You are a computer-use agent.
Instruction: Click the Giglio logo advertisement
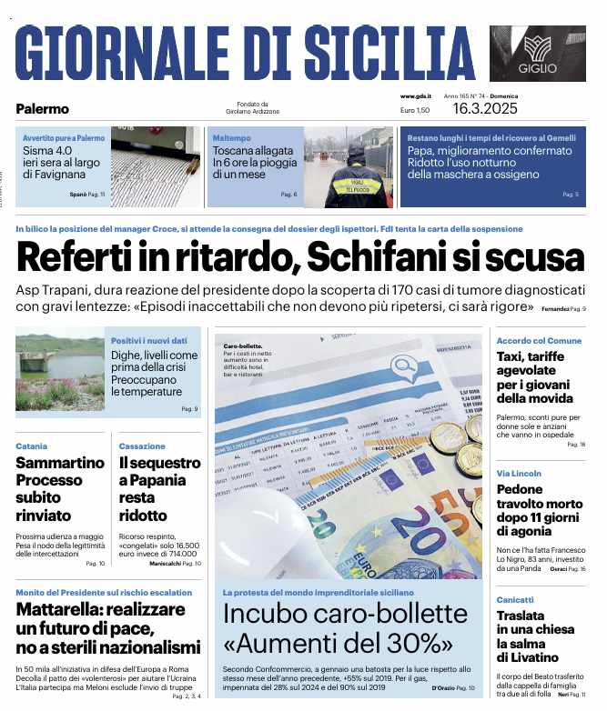point(538,54)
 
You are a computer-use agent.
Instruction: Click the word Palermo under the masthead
point(42,109)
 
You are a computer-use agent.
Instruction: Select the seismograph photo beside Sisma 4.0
point(156,166)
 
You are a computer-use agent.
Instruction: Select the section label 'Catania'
point(31,446)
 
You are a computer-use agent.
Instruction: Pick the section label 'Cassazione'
point(142,446)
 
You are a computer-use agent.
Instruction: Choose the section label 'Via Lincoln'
point(519,474)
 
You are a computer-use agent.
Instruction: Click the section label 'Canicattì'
point(515,600)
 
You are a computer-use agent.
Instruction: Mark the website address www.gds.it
point(415,96)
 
